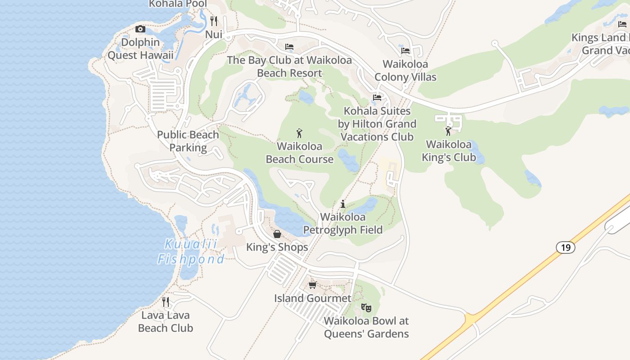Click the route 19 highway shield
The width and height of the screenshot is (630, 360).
point(565,247)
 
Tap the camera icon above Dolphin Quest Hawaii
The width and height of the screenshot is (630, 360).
point(140,29)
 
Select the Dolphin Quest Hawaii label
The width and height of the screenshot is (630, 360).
point(140,49)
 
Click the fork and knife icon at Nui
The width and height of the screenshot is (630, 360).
point(214,21)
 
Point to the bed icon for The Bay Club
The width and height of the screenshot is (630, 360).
point(289,47)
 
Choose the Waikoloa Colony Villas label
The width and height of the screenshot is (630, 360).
point(405,71)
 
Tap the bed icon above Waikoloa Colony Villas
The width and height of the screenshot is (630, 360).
point(405,51)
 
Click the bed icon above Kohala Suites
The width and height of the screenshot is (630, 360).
point(377,97)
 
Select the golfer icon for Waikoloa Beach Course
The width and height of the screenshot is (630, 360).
point(300,133)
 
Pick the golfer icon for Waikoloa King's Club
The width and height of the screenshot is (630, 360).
point(448,131)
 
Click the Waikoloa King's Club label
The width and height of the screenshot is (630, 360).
point(449,151)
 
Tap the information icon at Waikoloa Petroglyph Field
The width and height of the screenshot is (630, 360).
point(343,204)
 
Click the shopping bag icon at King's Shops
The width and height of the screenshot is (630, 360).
point(277,234)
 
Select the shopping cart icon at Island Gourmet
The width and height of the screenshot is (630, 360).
point(313,285)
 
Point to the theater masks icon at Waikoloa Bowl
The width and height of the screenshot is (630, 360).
point(366,308)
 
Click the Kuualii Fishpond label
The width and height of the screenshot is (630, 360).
point(190,252)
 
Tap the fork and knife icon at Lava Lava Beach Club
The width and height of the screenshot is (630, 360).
point(166,301)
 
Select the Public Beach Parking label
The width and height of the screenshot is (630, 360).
point(188,141)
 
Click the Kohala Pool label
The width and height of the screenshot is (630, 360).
point(178,4)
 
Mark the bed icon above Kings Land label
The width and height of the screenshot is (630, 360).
point(622,24)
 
